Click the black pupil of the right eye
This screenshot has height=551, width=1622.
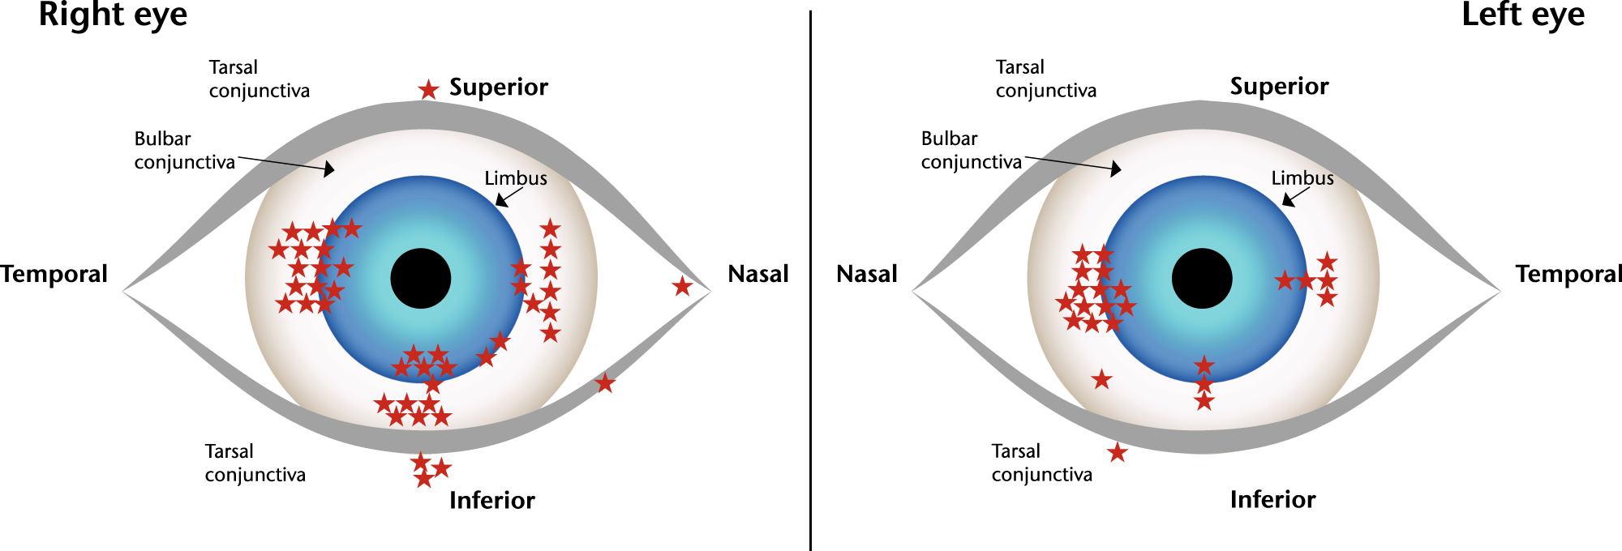pyautogui.click(x=420, y=278)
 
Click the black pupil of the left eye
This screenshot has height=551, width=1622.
pyautogui.click(x=1202, y=278)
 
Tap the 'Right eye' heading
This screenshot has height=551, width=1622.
pyautogui.click(x=113, y=15)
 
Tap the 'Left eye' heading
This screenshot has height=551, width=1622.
pyautogui.click(x=1522, y=15)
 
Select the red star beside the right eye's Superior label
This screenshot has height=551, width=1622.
pyautogui.click(x=428, y=89)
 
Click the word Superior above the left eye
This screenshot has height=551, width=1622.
pyautogui.click(x=1279, y=87)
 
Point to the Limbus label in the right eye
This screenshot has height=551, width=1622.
pyautogui.click(x=515, y=178)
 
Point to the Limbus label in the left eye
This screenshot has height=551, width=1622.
pyautogui.click(x=1302, y=178)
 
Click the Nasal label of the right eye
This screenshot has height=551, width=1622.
pyautogui.click(x=757, y=274)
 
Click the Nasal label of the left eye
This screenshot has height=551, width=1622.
pyautogui.click(x=866, y=274)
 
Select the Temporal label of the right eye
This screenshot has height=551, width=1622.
pyautogui.click(x=54, y=274)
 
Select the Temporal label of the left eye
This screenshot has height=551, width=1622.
pyautogui.click(x=1568, y=274)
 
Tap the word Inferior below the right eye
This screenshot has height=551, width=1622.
pyautogui.click(x=491, y=500)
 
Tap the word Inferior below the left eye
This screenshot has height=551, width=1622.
pyautogui.click(x=1272, y=499)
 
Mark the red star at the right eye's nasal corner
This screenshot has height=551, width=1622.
pyautogui.click(x=682, y=286)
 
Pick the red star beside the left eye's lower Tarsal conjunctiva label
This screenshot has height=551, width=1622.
pyautogui.click(x=1118, y=452)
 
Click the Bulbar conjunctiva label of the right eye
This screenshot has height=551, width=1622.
pyautogui.click(x=184, y=151)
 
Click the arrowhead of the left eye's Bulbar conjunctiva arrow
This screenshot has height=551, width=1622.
pyautogui.click(x=1117, y=169)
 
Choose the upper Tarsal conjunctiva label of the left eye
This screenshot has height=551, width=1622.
pyautogui.click(x=1045, y=79)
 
